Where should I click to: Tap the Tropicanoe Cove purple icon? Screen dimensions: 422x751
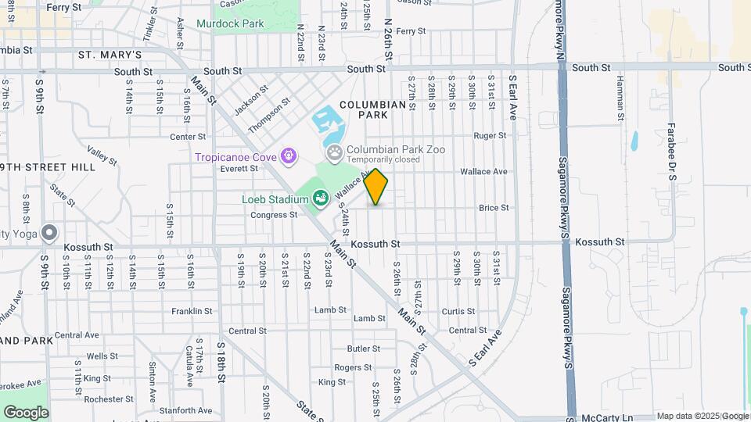[290, 156]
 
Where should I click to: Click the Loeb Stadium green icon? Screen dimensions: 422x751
[320, 200]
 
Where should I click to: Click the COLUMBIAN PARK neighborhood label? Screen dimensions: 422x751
[373, 109]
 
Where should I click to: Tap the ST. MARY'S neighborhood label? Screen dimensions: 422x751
[110, 55]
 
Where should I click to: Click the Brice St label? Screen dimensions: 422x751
[494, 208]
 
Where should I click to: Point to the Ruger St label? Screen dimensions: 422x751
[490, 135]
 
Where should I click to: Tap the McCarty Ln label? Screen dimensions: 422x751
[607, 418]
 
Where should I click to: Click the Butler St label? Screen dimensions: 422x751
[363, 349]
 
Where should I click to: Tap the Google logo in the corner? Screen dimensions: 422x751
[26, 412]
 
